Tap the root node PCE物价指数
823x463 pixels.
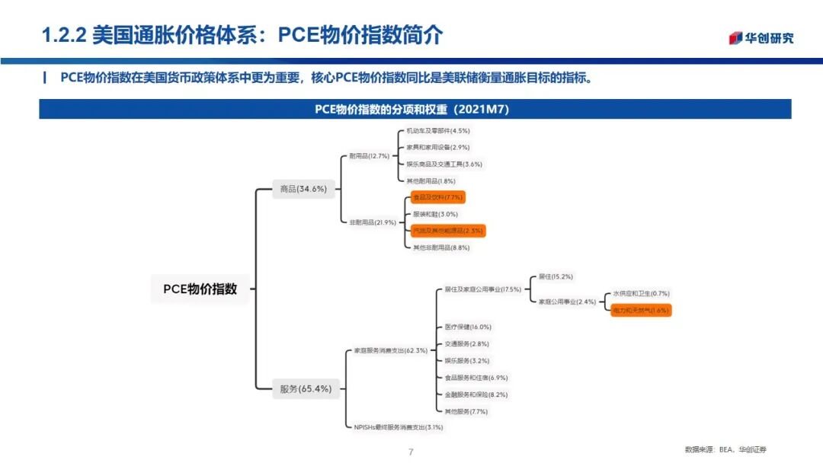click(200, 289)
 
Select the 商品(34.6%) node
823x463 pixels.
click(303, 190)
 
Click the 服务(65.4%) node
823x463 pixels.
click(306, 389)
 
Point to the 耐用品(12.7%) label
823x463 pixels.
click(369, 156)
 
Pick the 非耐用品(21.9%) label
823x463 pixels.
click(373, 222)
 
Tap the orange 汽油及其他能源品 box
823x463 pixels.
click(447, 231)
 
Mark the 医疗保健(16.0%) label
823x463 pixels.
click(468, 327)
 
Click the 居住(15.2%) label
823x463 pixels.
click(556, 276)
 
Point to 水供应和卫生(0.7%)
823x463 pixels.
click(641, 293)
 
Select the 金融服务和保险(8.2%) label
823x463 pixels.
click(476, 394)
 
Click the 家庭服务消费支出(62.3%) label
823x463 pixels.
click(390, 351)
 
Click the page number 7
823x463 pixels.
click(411, 452)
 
